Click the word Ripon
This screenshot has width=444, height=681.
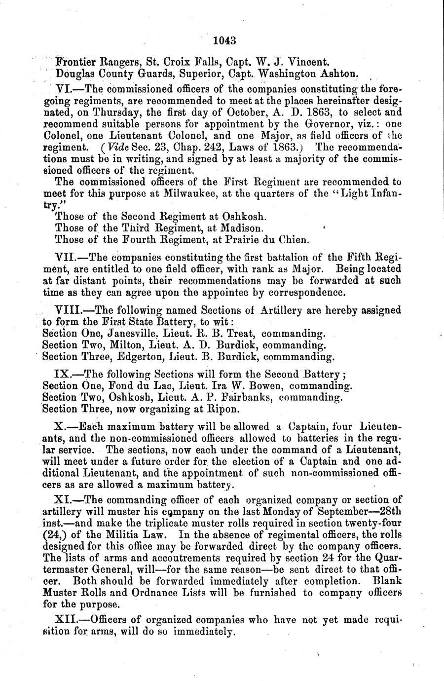(x=224, y=410)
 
